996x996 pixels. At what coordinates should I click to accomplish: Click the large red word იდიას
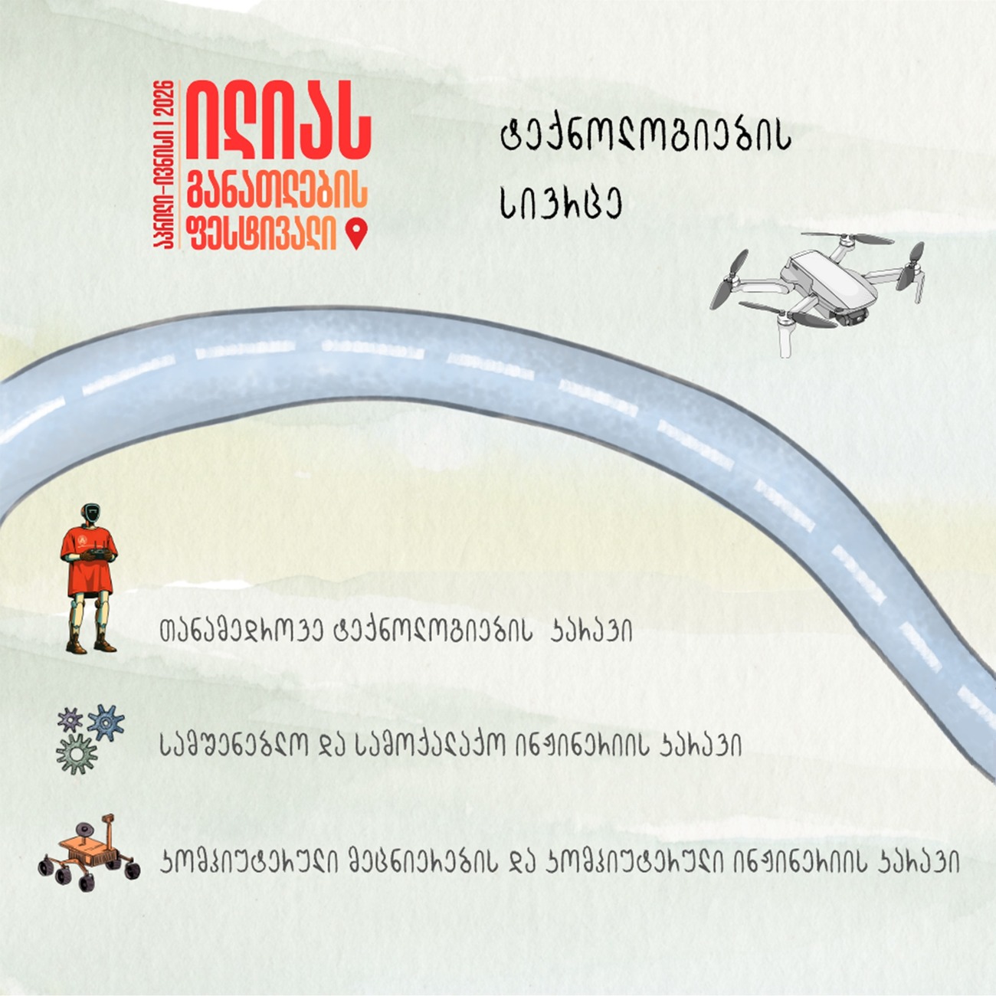pos(278,122)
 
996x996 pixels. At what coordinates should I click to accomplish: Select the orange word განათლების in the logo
pos(277,188)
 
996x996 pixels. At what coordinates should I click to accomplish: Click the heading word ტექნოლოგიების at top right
pos(646,139)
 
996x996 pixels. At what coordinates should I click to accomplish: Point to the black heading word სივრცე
pos(561,203)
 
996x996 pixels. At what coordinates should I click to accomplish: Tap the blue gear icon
pos(106,722)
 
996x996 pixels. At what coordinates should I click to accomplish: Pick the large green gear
pos(77,754)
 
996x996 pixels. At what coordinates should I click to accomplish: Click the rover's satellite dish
pos(84,830)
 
